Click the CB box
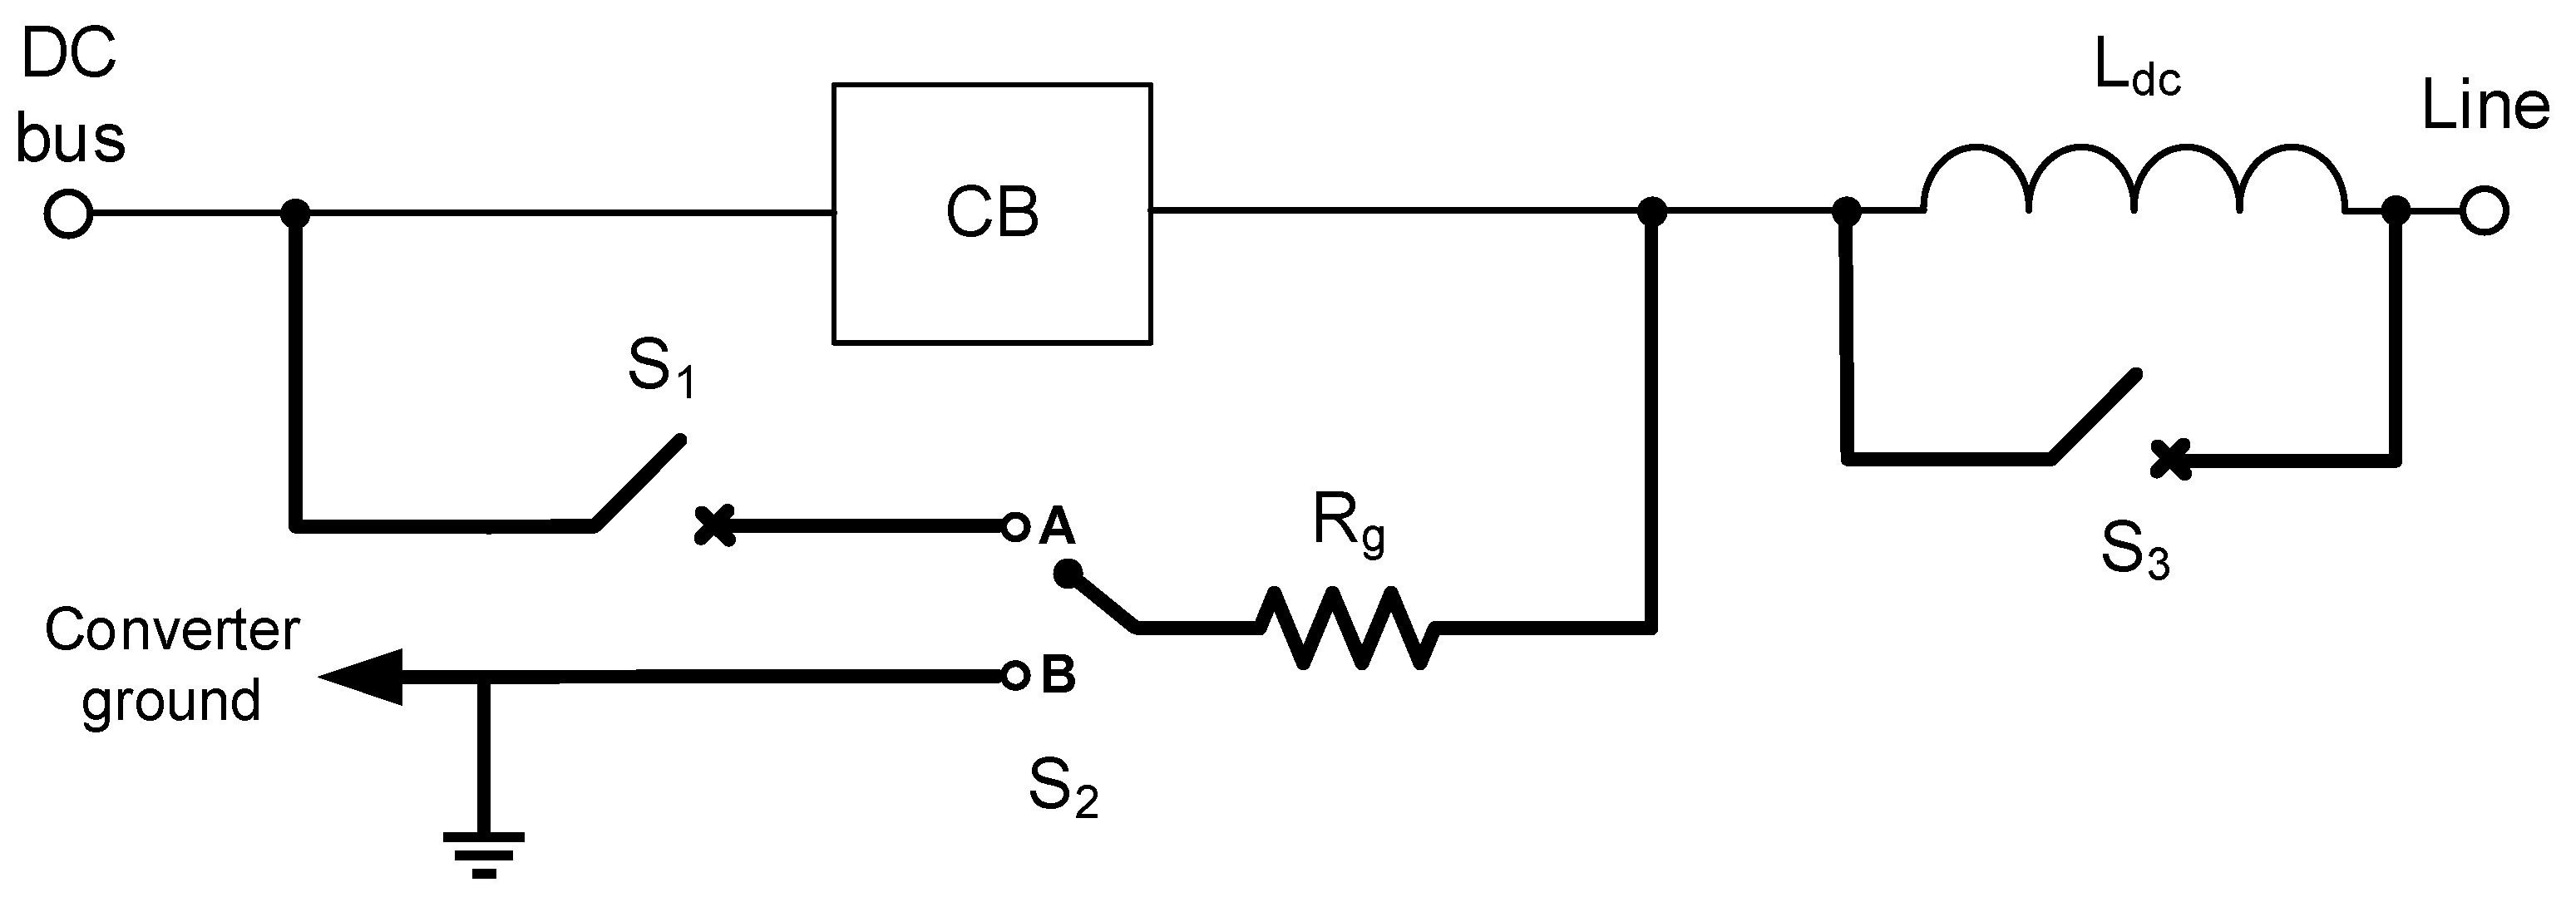coord(991,214)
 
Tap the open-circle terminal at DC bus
coord(69,214)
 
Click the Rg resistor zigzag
coord(1347,628)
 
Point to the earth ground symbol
coord(484,853)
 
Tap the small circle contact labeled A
coord(1015,527)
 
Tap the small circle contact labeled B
coord(1015,677)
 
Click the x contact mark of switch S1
coord(714,526)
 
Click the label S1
coord(659,367)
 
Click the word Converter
coord(171,632)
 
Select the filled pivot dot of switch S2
coord(1067,574)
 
